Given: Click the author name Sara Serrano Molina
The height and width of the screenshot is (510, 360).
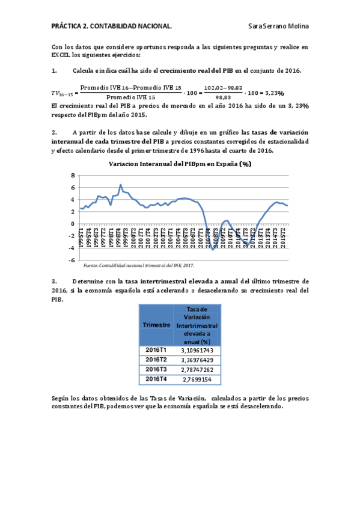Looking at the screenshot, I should pos(279,26).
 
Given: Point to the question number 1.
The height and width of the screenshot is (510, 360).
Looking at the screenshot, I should pos(54,70).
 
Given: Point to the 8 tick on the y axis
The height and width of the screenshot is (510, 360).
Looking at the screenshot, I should pos(73,176).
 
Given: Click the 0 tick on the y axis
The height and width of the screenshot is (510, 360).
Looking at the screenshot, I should pos(73,224).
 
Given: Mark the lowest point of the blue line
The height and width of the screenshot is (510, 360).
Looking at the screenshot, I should pos(213,249).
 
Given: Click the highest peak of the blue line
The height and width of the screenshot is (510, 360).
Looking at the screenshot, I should pos(121,185).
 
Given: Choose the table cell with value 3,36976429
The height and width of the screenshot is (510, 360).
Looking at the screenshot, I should pos(197,360).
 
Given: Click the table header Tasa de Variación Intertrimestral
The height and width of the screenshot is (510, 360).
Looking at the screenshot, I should pos(197,325).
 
